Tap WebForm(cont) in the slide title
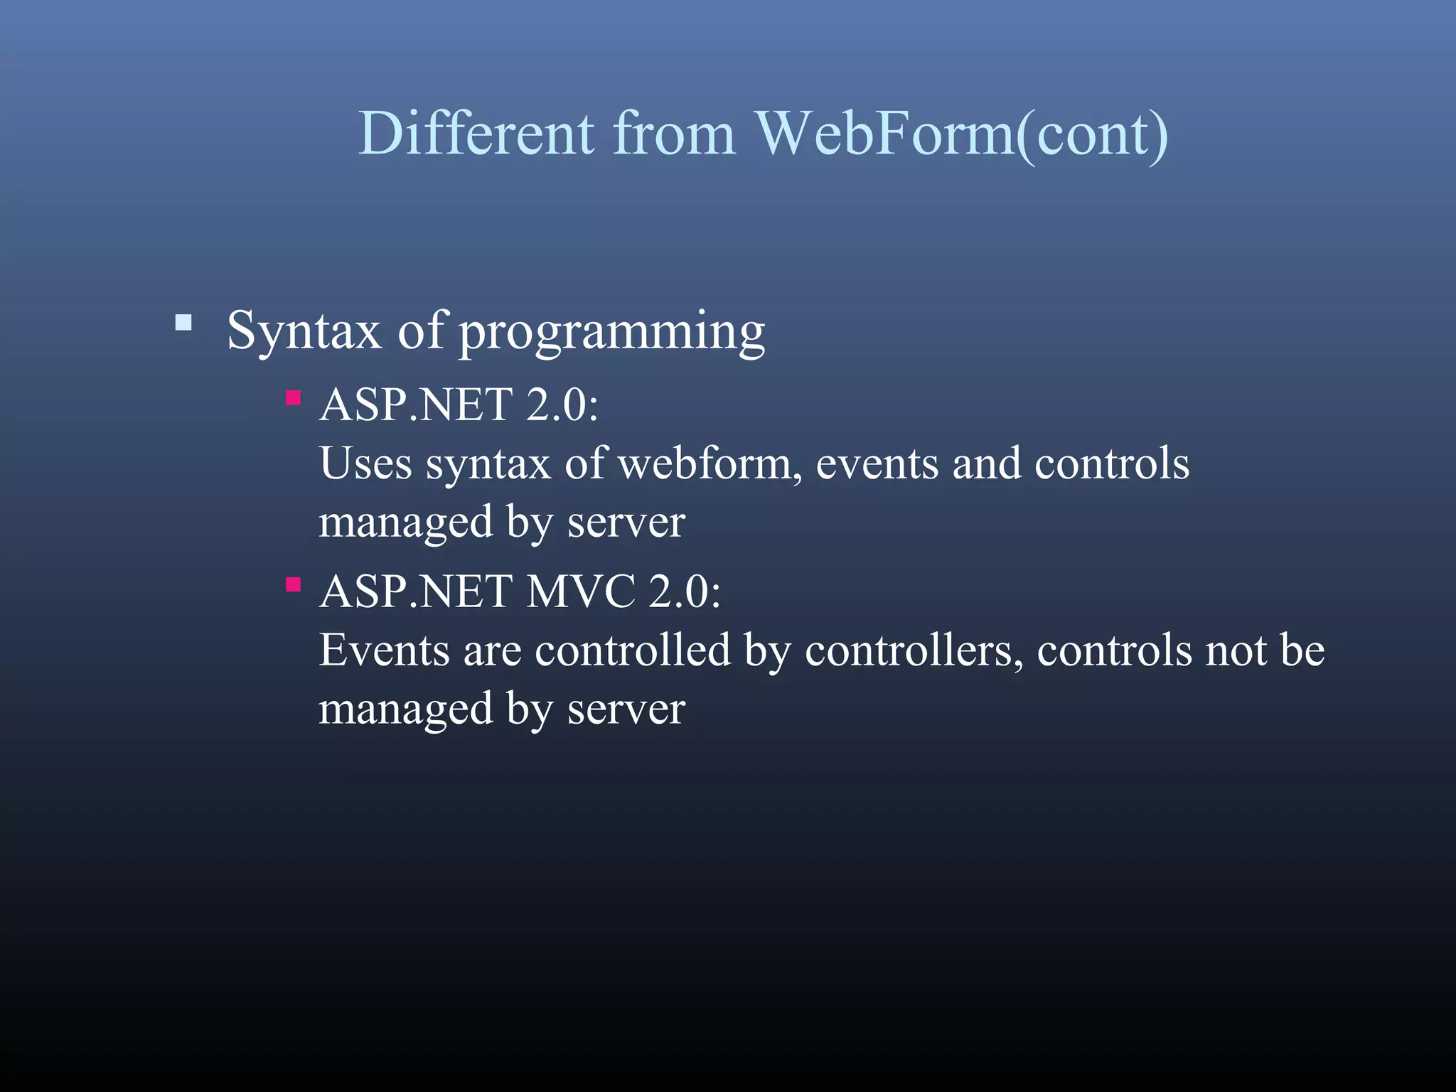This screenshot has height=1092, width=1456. pyautogui.click(x=961, y=134)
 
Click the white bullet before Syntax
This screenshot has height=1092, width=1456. pyautogui.click(x=183, y=323)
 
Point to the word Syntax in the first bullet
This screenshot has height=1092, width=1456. pyautogui.click(x=304, y=331)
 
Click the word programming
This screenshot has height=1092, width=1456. pyautogui.click(x=612, y=332)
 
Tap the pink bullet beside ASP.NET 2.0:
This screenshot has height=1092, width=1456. pyautogui.click(x=293, y=397)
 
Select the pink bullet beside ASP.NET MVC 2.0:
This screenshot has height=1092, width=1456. pyautogui.click(x=293, y=584)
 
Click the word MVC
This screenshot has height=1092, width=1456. pyautogui.click(x=580, y=591)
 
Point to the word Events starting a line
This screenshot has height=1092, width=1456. pyautogui.click(x=384, y=651)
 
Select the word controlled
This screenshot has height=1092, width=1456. pyautogui.click(x=633, y=651)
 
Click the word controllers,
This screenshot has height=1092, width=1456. pyautogui.click(x=914, y=651)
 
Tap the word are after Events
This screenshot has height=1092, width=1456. pyautogui.click(x=492, y=652)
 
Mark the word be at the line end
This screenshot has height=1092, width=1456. pyautogui.click(x=1302, y=651)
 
